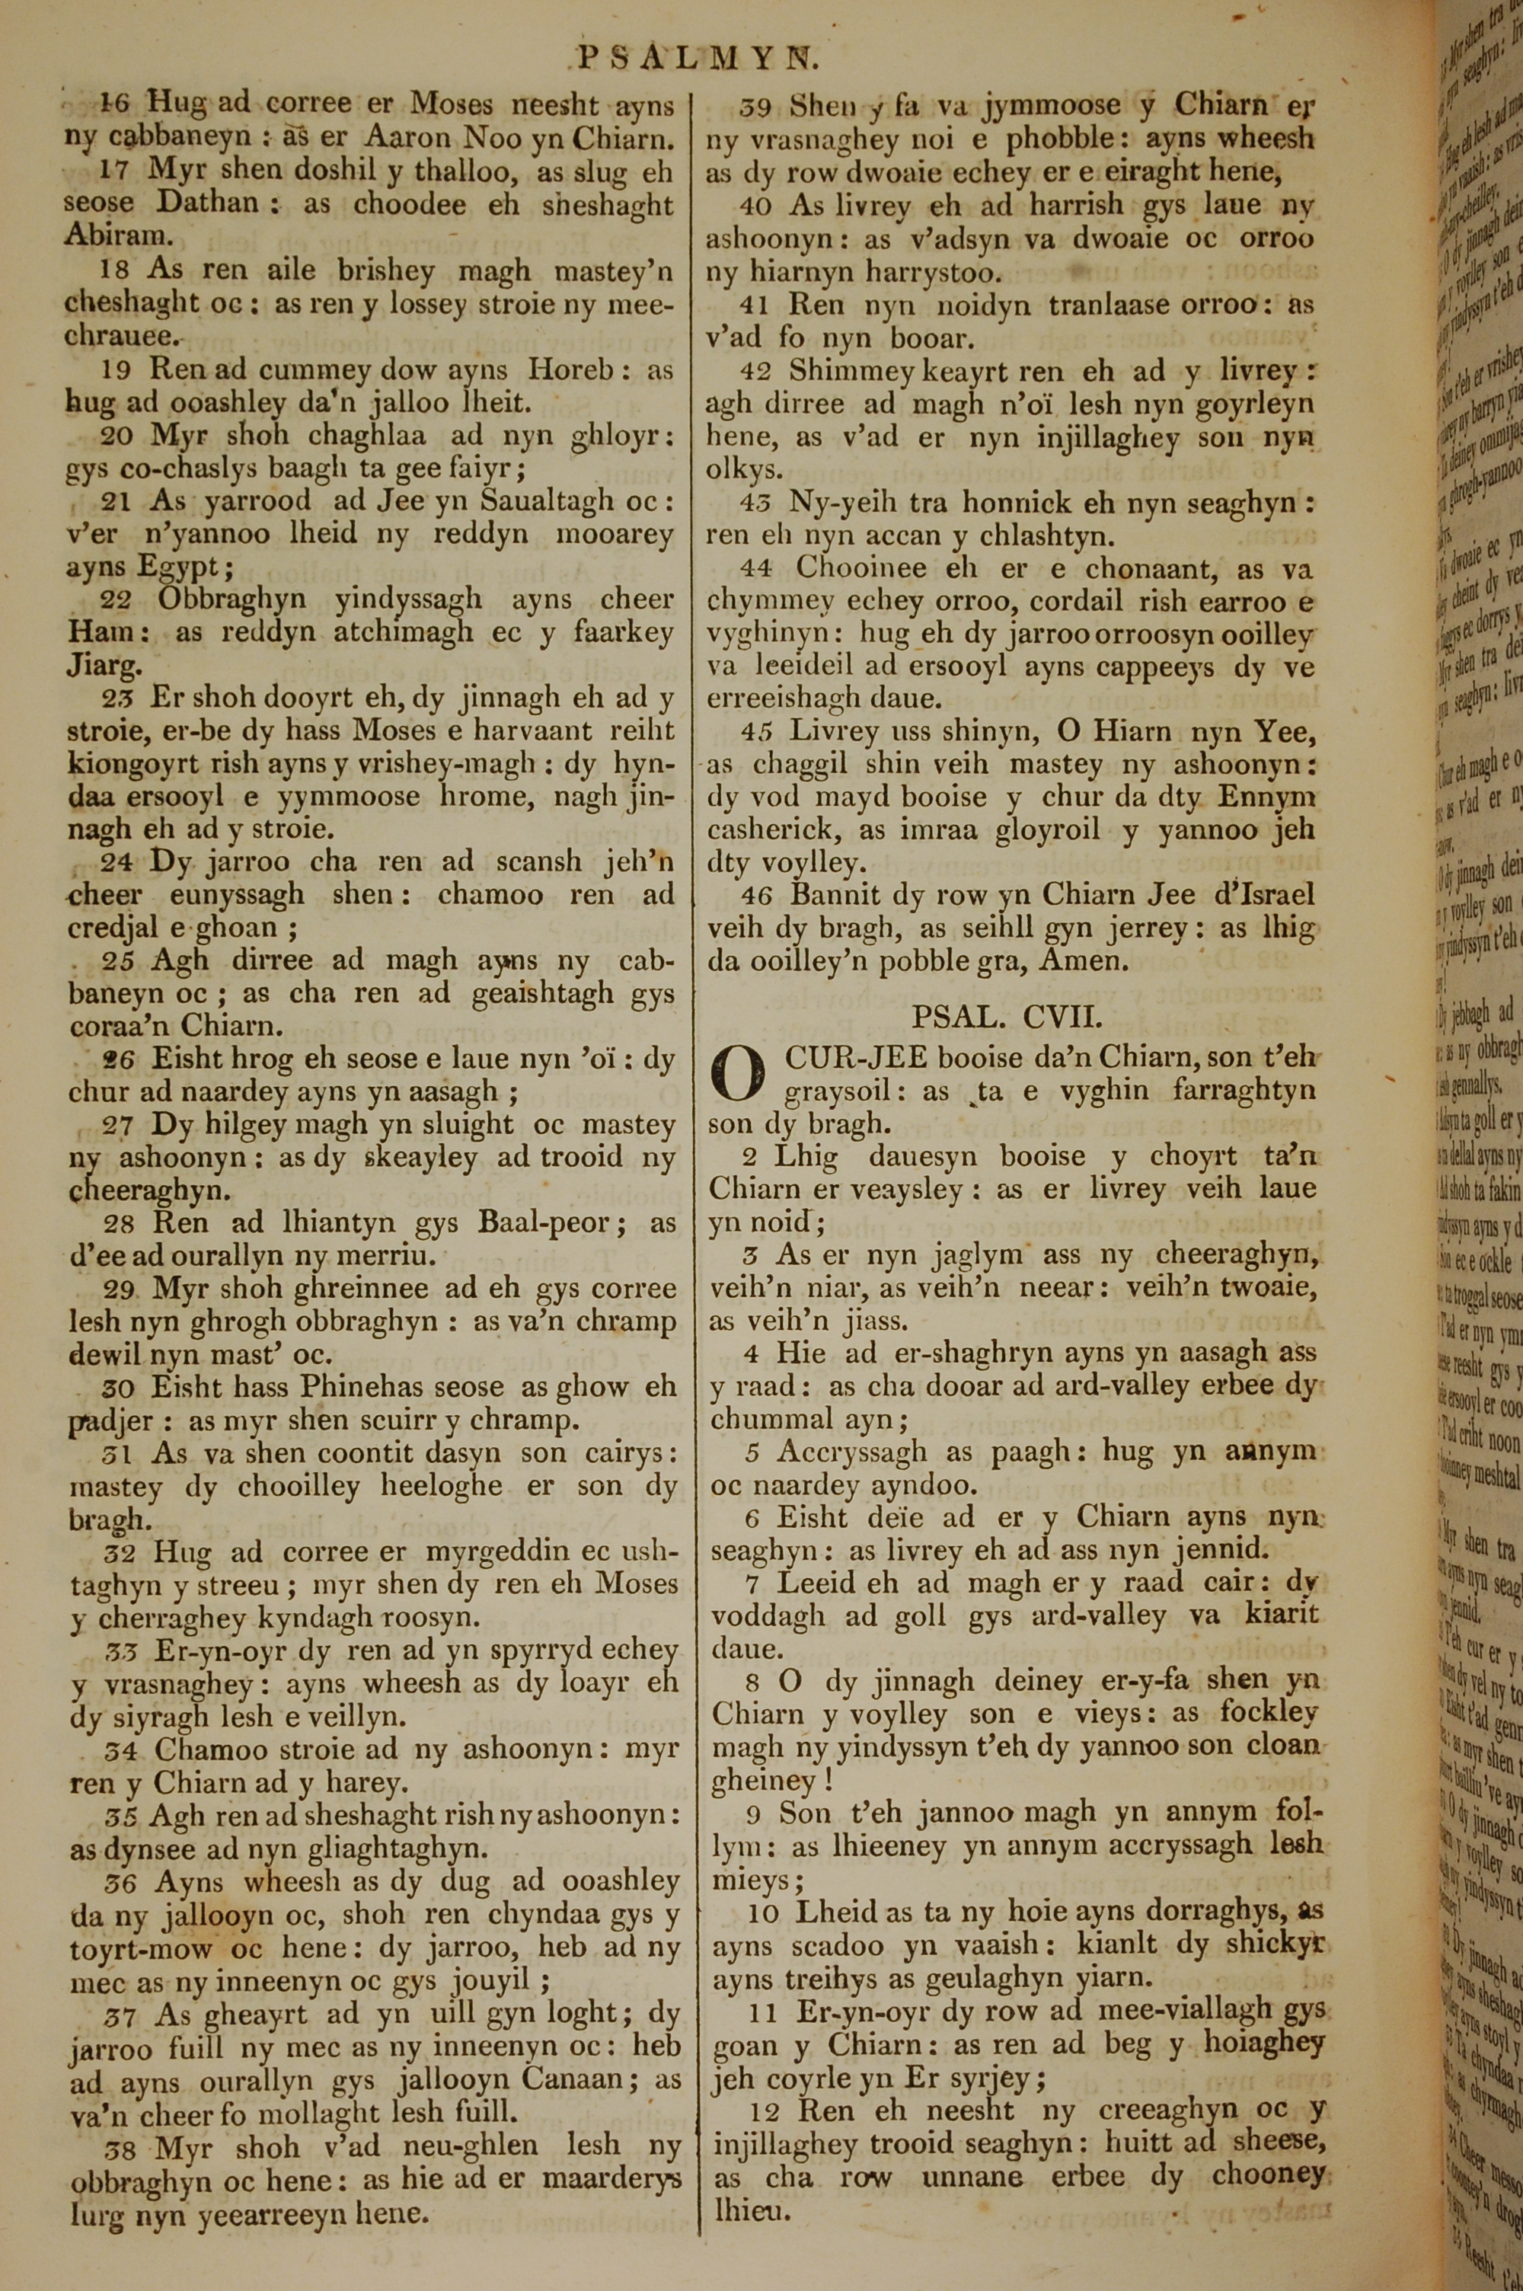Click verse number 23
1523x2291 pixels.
pos(116,698)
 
